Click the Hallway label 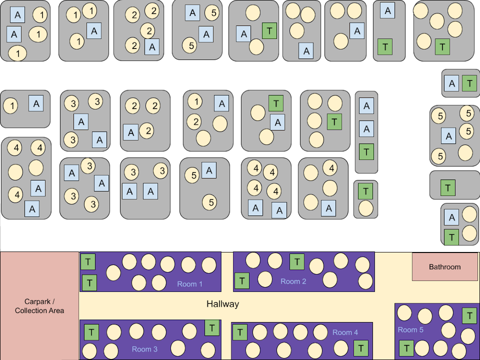pyautogui.click(x=222, y=304)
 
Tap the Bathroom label pyautogui.click(x=444, y=267)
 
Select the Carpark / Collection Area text pyautogui.click(x=39, y=306)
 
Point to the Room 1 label pyautogui.click(x=190, y=284)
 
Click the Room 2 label pyautogui.click(x=293, y=281)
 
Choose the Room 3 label pyautogui.click(x=144, y=349)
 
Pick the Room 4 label pyautogui.click(x=345, y=332)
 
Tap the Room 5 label pyautogui.click(x=410, y=330)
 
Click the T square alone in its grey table pyautogui.click(x=448, y=188)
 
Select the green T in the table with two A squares pyautogui.click(x=367, y=152)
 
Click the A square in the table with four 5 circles pyautogui.click(x=449, y=136)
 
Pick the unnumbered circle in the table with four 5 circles pyautogui.click(x=464, y=153)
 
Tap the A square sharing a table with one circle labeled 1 pyautogui.click(x=36, y=103)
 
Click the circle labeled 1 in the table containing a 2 pyautogui.click(x=195, y=101)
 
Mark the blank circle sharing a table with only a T pyautogui.click(x=366, y=208)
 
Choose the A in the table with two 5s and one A pyautogui.click(x=209, y=170)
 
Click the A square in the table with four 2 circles pyautogui.click(x=152, y=47)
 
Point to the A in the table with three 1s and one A pyautogui.click(x=94, y=31)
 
